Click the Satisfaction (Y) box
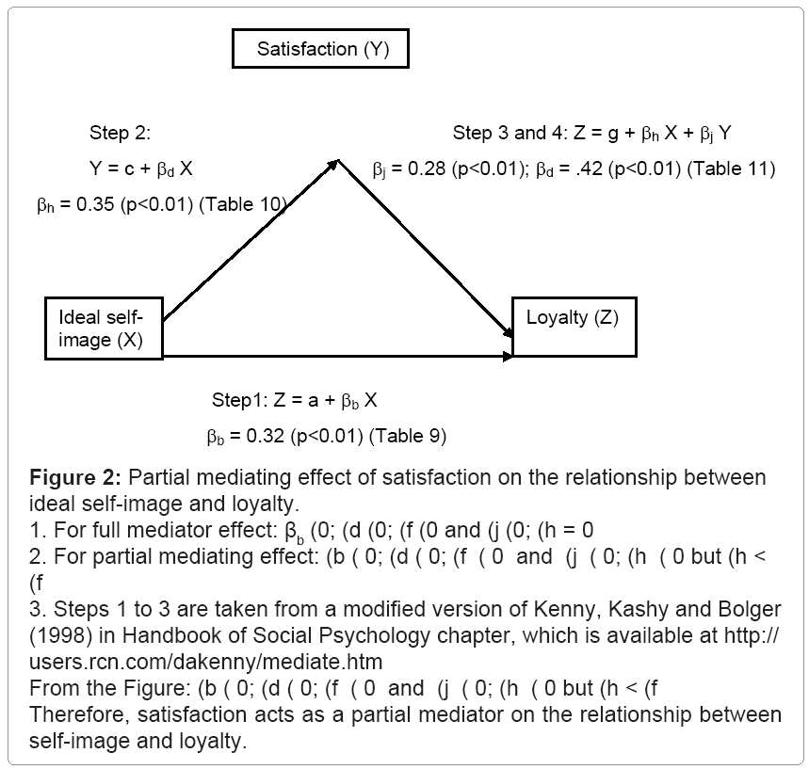pyautogui.click(x=320, y=50)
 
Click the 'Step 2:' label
pyautogui.click(x=120, y=132)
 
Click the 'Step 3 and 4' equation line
pyautogui.click(x=591, y=133)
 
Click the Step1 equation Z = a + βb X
pyautogui.click(x=294, y=400)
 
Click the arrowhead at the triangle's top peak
pyautogui.click(x=333, y=165)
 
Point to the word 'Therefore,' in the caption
pyautogui.click(x=72, y=716)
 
